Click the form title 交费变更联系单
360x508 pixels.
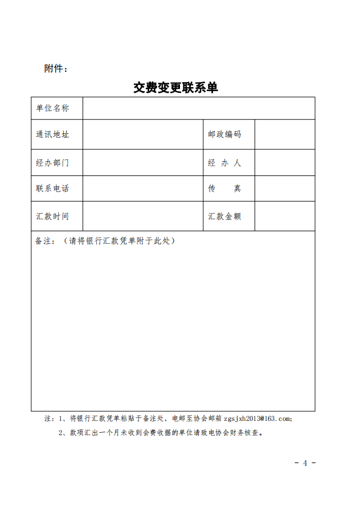tap(175, 88)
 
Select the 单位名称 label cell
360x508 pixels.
tap(52, 108)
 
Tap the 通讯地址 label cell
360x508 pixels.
tap(52, 134)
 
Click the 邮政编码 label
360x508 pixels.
tap(224, 134)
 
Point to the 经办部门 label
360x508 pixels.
tap(52, 163)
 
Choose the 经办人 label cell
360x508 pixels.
tap(224, 163)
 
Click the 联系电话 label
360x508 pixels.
tap(52, 189)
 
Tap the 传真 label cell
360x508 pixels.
tap(224, 189)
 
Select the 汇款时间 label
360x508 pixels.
tap(52, 216)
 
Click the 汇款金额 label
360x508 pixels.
tap(224, 216)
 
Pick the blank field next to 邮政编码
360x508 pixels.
tap(284, 134)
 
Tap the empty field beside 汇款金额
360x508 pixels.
tap(284, 216)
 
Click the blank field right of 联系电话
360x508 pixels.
tap(142, 189)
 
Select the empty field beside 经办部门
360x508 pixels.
tap(142, 163)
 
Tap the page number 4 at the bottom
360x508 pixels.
tap(305, 462)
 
